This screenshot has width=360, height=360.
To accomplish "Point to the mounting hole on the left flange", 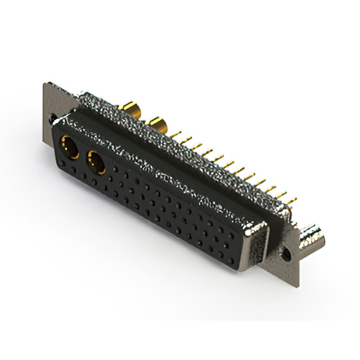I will (52, 119).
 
